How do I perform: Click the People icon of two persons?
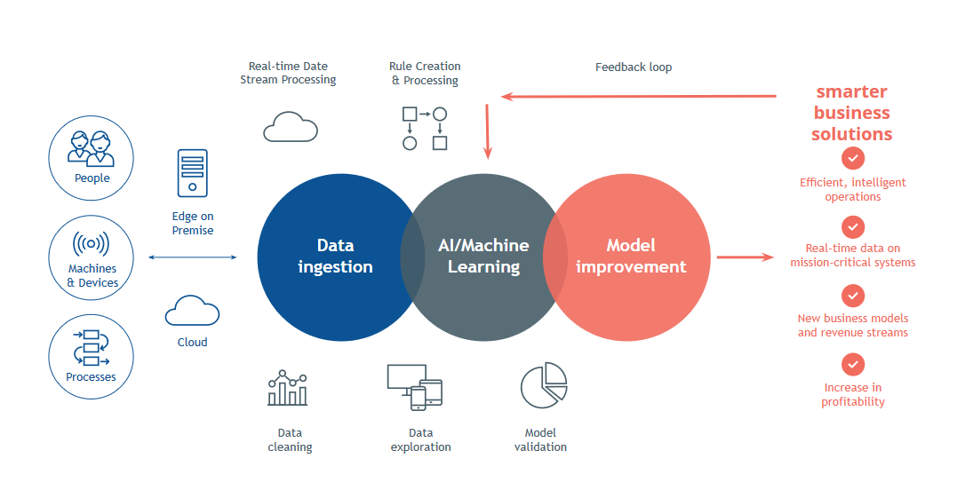coord(92,148)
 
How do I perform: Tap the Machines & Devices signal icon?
coord(92,243)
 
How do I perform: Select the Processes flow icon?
coord(92,347)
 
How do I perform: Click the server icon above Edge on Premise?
coord(193,173)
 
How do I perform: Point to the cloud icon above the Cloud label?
coord(192,311)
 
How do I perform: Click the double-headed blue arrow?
coord(193,257)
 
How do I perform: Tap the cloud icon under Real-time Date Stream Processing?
coord(291,127)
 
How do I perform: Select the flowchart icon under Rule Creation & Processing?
coord(425,129)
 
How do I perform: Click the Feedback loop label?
coord(634,67)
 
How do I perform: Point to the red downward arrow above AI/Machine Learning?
coord(488,131)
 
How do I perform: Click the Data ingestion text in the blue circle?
coord(335,256)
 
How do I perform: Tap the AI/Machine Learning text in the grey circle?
coord(483,256)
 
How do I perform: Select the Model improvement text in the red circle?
coord(631,256)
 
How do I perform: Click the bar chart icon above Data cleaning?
coord(287,388)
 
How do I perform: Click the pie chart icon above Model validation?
coord(544,385)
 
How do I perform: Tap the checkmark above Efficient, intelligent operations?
coord(853,158)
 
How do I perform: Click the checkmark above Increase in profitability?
coord(853,364)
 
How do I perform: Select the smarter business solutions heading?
coord(852,113)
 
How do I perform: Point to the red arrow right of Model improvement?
coord(746,257)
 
